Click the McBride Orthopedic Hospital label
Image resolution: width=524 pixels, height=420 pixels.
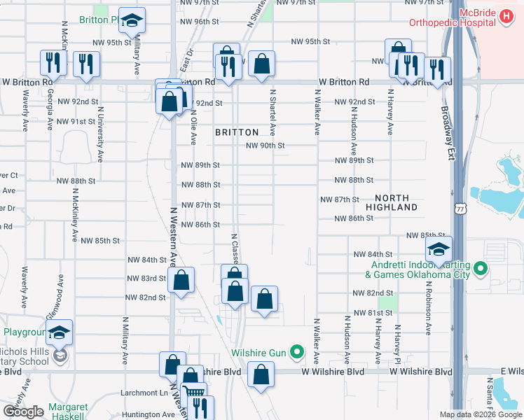(x=483, y=17)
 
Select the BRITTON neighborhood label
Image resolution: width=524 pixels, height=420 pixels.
(x=237, y=132)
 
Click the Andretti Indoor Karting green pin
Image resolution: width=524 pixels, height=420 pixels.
(x=480, y=267)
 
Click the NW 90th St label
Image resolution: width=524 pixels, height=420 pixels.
(x=265, y=146)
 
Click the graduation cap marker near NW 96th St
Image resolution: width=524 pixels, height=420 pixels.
(x=131, y=22)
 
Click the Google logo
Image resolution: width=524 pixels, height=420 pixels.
(x=23, y=412)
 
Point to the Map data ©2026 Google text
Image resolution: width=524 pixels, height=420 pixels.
(x=480, y=414)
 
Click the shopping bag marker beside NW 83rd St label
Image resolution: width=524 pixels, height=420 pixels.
(x=181, y=281)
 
